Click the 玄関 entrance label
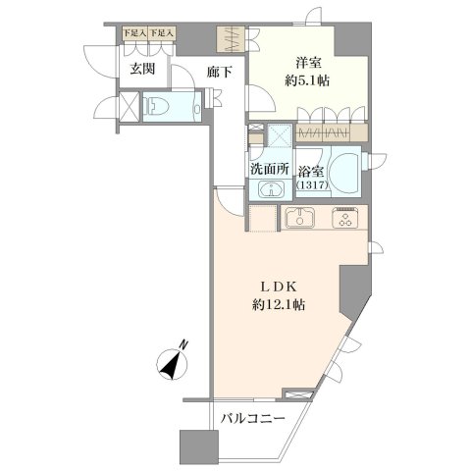(x=142, y=70)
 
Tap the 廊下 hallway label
(x=220, y=72)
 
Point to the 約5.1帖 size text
(x=307, y=80)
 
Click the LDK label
(x=279, y=287)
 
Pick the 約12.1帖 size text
(x=279, y=305)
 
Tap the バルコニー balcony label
(x=252, y=418)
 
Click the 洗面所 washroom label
(x=270, y=169)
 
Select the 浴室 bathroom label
(x=311, y=172)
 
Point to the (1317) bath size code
(x=312, y=185)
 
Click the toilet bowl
(x=156, y=107)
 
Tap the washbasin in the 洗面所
(x=271, y=189)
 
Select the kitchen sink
(x=300, y=218)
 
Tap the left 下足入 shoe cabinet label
(x=134, y=32)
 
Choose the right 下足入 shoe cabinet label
(x=162, y=32)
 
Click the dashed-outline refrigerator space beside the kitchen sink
(x=263, y=218)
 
